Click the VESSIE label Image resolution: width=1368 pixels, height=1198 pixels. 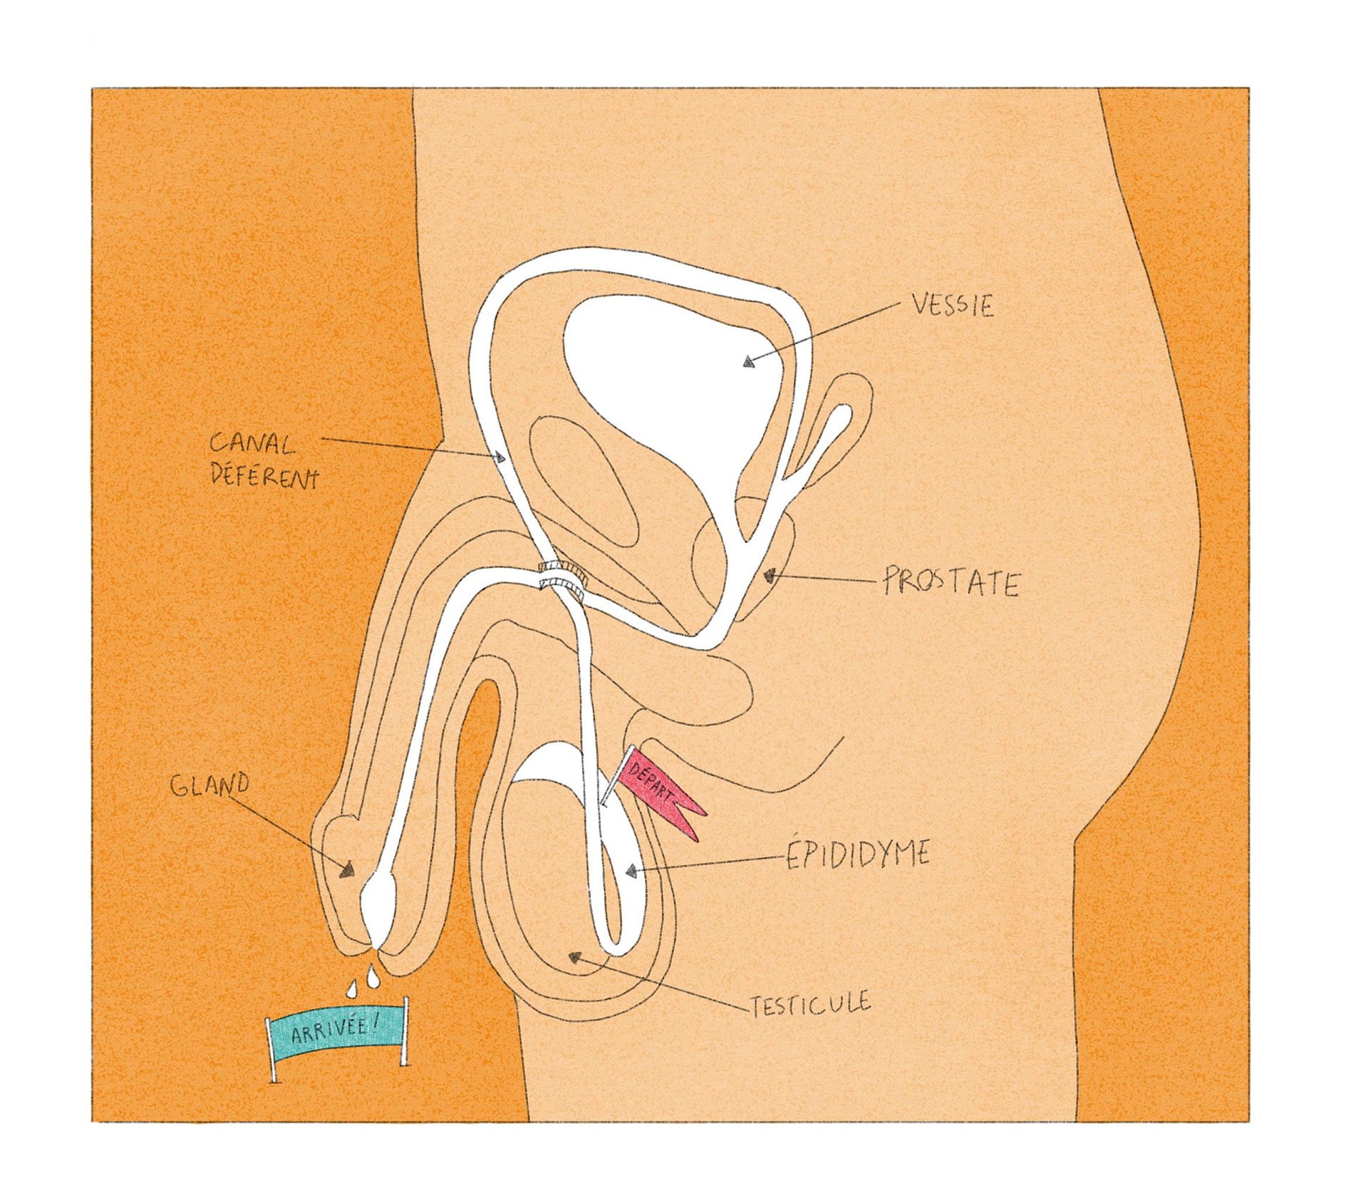click(x=951, y=306)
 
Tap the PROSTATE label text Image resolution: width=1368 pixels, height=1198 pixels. click(x=950, y=582)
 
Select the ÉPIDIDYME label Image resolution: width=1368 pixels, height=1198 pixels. click(x=858, y=854)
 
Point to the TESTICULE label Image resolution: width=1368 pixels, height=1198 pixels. click(x=810, y=1003)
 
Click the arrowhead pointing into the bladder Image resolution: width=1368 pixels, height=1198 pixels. click(x=747, y=362)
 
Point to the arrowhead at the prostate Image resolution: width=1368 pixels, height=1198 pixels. click(x=769, y=574)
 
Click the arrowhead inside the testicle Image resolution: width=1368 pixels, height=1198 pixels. click(x=572, y=956)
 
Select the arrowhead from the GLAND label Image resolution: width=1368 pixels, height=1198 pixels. click(x=348, y=869)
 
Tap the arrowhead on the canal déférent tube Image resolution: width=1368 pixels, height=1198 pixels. click(x=501, y=457)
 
